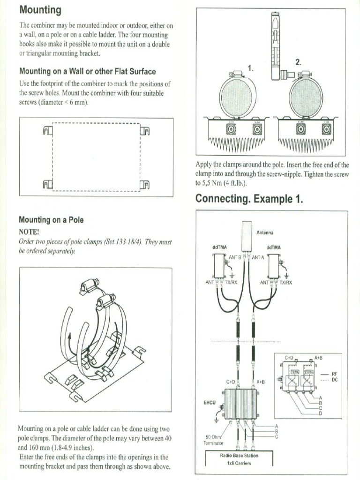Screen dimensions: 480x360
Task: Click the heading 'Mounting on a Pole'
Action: pos(51,219)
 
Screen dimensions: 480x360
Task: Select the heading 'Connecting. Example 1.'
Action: pos(249,199)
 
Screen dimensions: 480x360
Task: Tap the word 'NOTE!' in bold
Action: pos(29,232)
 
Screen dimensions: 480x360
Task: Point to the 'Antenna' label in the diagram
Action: pos(265,232)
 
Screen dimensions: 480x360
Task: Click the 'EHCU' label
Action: pos(209,402)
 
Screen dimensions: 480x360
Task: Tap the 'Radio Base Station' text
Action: pos(239,455)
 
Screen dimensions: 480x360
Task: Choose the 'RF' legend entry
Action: pos(334,374)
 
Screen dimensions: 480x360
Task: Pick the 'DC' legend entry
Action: pos(334,380)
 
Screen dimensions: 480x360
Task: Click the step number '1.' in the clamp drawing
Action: pos(251,68)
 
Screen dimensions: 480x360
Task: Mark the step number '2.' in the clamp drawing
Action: pos(298,62)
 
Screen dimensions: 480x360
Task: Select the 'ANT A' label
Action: pos(258,257)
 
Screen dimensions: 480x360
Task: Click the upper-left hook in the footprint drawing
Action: pos(47,130)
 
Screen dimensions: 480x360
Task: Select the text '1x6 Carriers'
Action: pos(239,463)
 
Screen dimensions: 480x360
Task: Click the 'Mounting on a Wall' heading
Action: pos(87,72)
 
